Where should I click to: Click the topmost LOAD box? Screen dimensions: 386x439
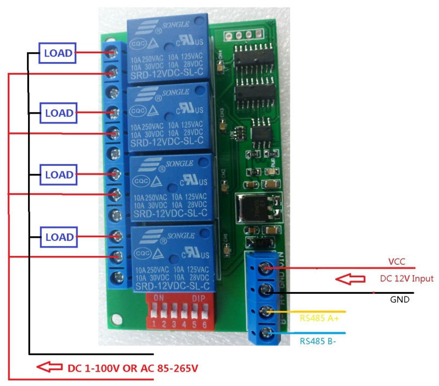pos(58,53)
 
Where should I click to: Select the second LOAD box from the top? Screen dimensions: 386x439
pos(58,113)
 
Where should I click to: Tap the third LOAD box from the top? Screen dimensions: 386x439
pos(58,175)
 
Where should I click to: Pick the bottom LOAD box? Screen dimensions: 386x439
pos(58,237)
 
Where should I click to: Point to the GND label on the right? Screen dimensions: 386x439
pos(399,300)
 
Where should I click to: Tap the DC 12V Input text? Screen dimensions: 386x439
pos(407,279)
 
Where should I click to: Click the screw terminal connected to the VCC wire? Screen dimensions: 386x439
pos(266,267)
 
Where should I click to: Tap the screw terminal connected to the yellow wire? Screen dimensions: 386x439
pos(266,312)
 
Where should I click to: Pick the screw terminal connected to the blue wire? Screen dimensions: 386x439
pos(266,333)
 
